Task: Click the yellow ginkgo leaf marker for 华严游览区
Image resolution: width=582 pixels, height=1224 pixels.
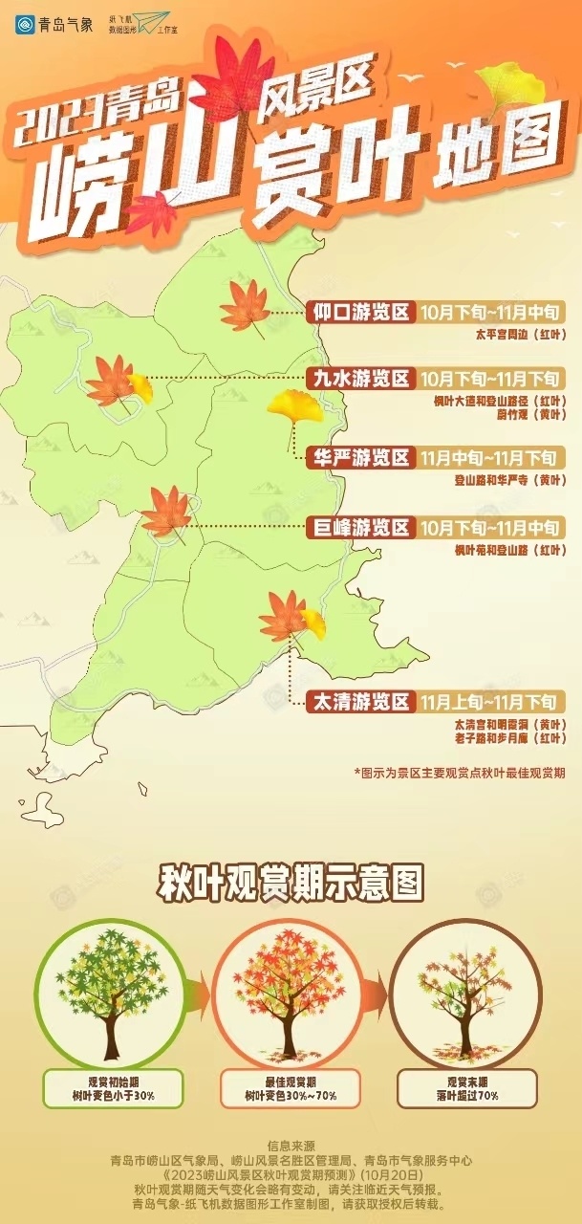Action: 287,408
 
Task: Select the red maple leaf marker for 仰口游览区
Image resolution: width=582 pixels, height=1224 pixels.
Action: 245,306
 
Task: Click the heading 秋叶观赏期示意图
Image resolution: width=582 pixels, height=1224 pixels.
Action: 291,882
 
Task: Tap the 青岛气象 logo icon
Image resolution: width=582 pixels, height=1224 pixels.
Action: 24,23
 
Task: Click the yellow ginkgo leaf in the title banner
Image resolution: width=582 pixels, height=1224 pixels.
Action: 505,82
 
